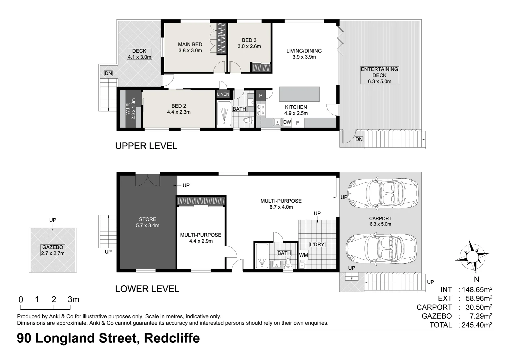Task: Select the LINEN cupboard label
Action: pos(223,94)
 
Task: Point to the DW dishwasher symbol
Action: pos(287,122)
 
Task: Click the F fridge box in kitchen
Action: pos(298,123)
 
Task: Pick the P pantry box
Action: pos(260,96)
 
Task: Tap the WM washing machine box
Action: pos(303,255)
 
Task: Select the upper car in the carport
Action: pos(382,193)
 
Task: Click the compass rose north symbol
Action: pos(472,256)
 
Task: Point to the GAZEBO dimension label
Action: pos(53,250)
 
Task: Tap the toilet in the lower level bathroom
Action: pos(288,263)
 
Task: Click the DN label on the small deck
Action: pos(108,73)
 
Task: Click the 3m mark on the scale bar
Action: pos(73,299)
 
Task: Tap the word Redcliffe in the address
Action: pos(172,338)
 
